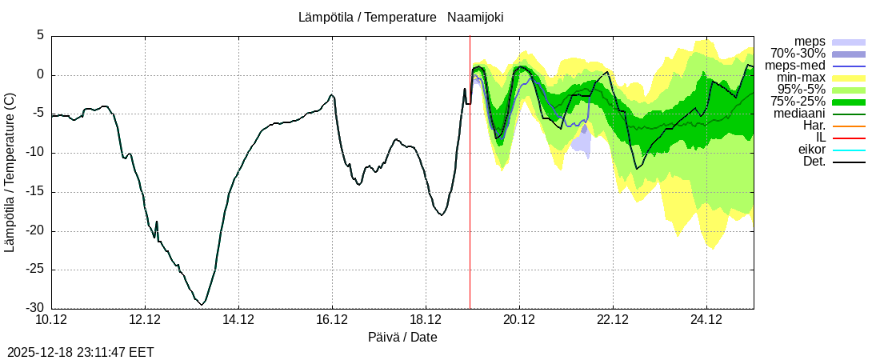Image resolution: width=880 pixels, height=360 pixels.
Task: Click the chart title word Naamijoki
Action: (x=475, y=17)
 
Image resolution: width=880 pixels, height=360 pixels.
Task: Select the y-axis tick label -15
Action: (x=36, y=192)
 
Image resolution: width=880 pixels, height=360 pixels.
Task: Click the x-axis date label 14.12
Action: (x=238, y=320)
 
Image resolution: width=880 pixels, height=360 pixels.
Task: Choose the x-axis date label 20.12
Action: (x=519, y=320)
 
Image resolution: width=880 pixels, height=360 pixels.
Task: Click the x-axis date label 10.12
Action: (x=51, y=320)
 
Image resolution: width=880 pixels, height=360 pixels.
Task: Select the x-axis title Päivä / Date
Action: (x=402, y=338)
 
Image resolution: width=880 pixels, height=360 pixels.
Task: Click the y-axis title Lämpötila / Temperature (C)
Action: (x=10, y=172)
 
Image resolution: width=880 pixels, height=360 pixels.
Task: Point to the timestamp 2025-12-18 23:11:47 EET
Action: (x=80, y=352)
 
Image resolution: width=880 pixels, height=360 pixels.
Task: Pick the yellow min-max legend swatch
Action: (x=849, y=78)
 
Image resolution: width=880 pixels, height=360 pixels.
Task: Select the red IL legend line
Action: (x=849, y=138)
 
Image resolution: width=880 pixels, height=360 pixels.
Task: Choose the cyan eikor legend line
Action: (x=849, y=150)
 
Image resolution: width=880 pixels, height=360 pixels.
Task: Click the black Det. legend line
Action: (x=849, y=162)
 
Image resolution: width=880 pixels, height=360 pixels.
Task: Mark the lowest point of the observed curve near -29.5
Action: (x=202, y=305)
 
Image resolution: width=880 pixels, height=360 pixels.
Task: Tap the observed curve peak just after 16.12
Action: (x=332, y=94)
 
